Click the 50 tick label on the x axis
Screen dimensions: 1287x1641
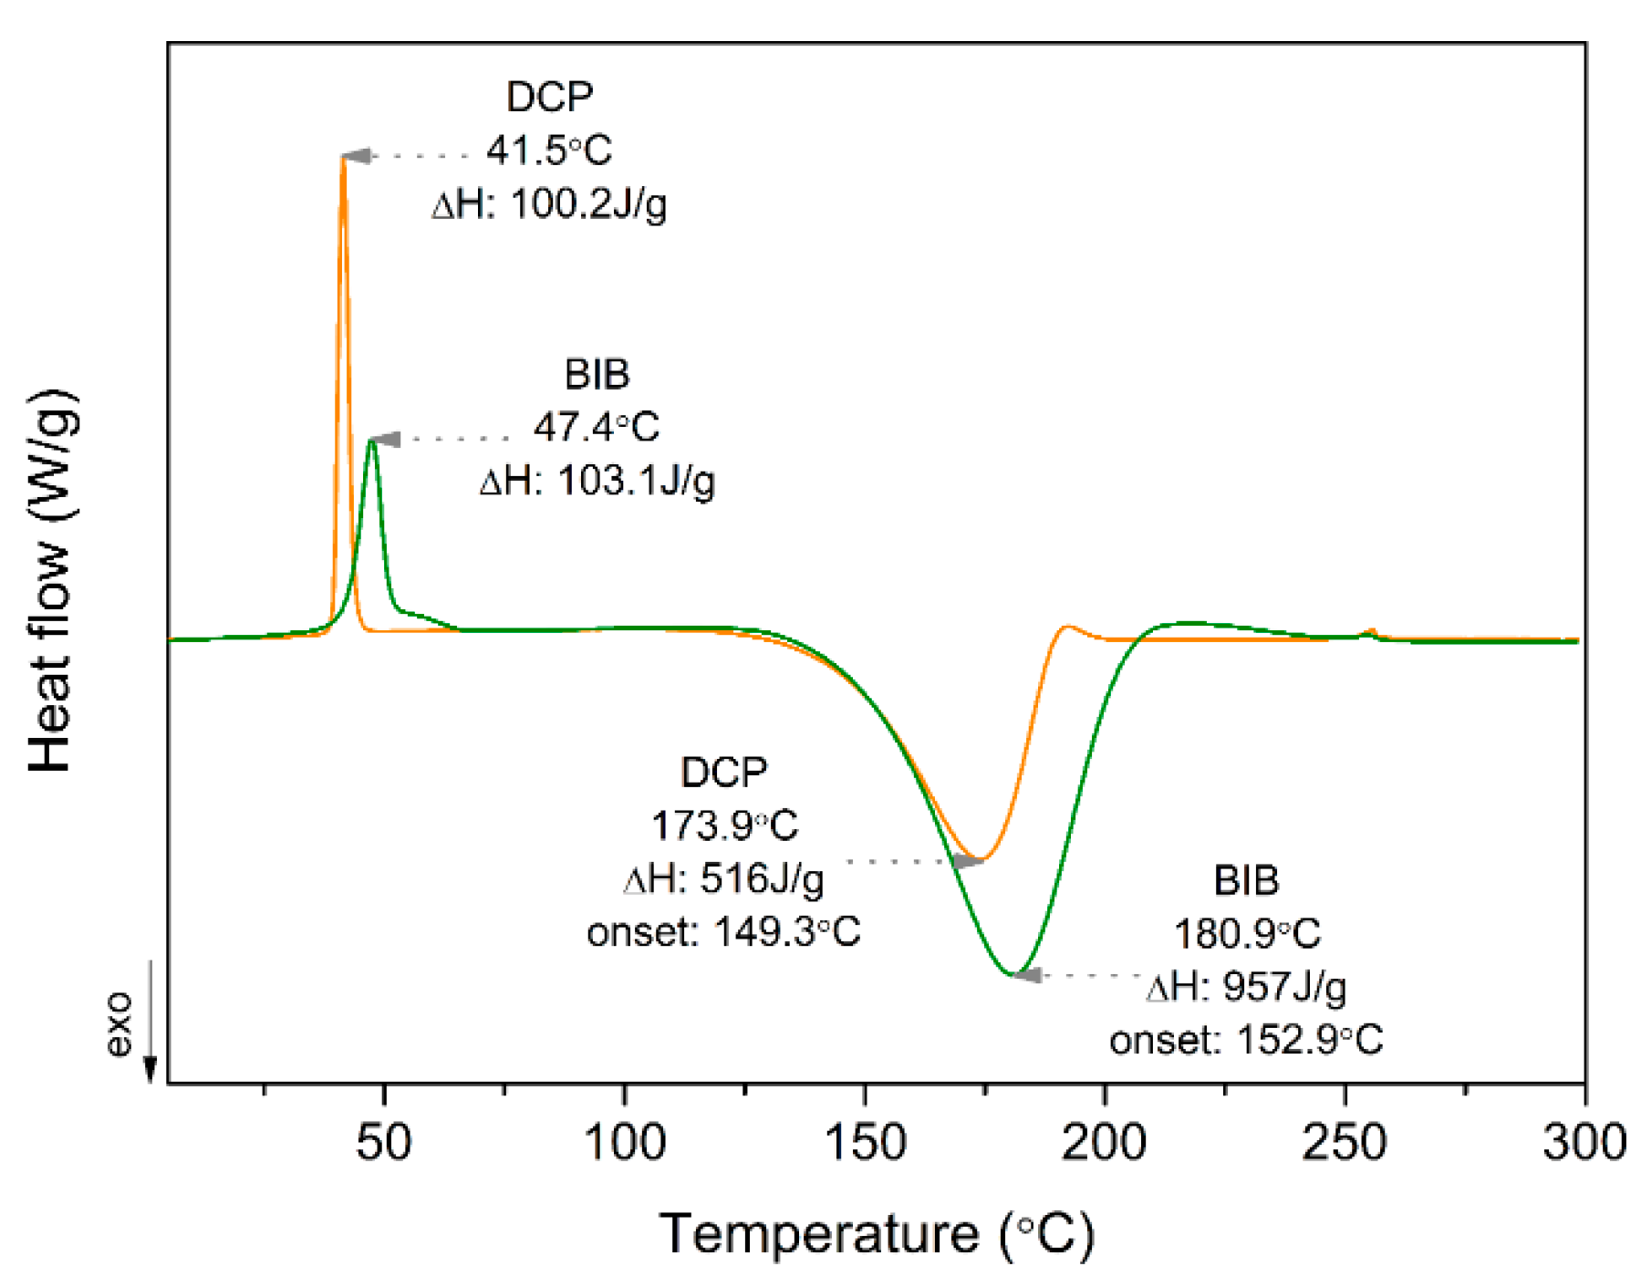tap(384, 1142)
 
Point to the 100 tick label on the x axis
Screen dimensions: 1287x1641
tap(624, 1142)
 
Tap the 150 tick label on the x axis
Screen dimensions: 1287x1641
tap(864, 1142)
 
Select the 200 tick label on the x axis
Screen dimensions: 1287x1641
tap(1105, 1142)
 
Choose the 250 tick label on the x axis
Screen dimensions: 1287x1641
tap(1345, 1142)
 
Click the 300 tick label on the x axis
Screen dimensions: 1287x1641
tap(1584, 1142)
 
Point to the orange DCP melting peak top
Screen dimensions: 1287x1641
tap(343, 159)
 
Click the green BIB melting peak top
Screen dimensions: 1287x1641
tap(371, 441)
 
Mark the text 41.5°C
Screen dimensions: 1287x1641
tap(548, 150)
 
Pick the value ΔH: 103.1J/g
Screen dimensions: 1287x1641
tap(597, 481)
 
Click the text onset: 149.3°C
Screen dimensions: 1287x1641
tap(723, 932)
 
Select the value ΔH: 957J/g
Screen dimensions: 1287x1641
tap(1246, 987)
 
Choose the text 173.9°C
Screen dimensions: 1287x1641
tap(724, 826)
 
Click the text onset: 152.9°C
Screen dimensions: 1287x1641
tap(1246, 1040)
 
